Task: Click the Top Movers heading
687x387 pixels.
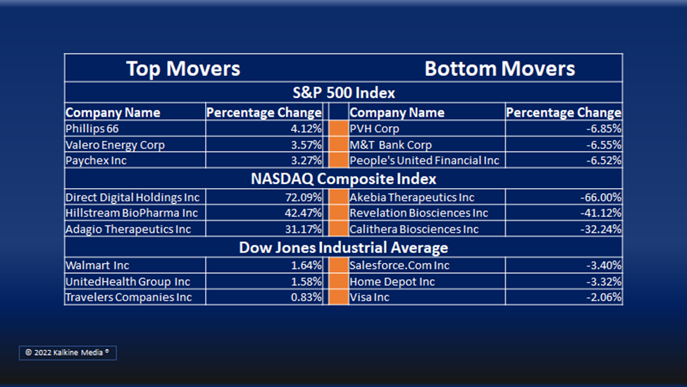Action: (183, 68)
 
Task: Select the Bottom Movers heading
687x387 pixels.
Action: (500, 68)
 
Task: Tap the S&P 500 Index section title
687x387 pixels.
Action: (344, 92)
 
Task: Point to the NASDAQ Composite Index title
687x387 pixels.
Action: (344, 179)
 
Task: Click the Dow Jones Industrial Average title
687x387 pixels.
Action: (344, 247)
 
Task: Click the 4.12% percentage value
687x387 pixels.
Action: (306, 128)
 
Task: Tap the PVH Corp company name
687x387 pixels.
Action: (374, 128)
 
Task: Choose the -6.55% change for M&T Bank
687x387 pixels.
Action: (604, 145)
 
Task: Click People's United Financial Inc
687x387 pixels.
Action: (424, 161)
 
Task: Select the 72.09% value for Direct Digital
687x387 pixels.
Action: (303, 197)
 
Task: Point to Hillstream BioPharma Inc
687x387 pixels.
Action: (132, 213)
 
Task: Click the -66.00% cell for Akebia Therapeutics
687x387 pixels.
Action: (601, 197)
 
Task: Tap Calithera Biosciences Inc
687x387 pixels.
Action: (414, 229)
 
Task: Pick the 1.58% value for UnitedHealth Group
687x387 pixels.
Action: (307, 281)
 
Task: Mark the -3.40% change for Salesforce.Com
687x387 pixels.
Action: (604, 265)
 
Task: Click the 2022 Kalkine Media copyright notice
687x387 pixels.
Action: (68, 352)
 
